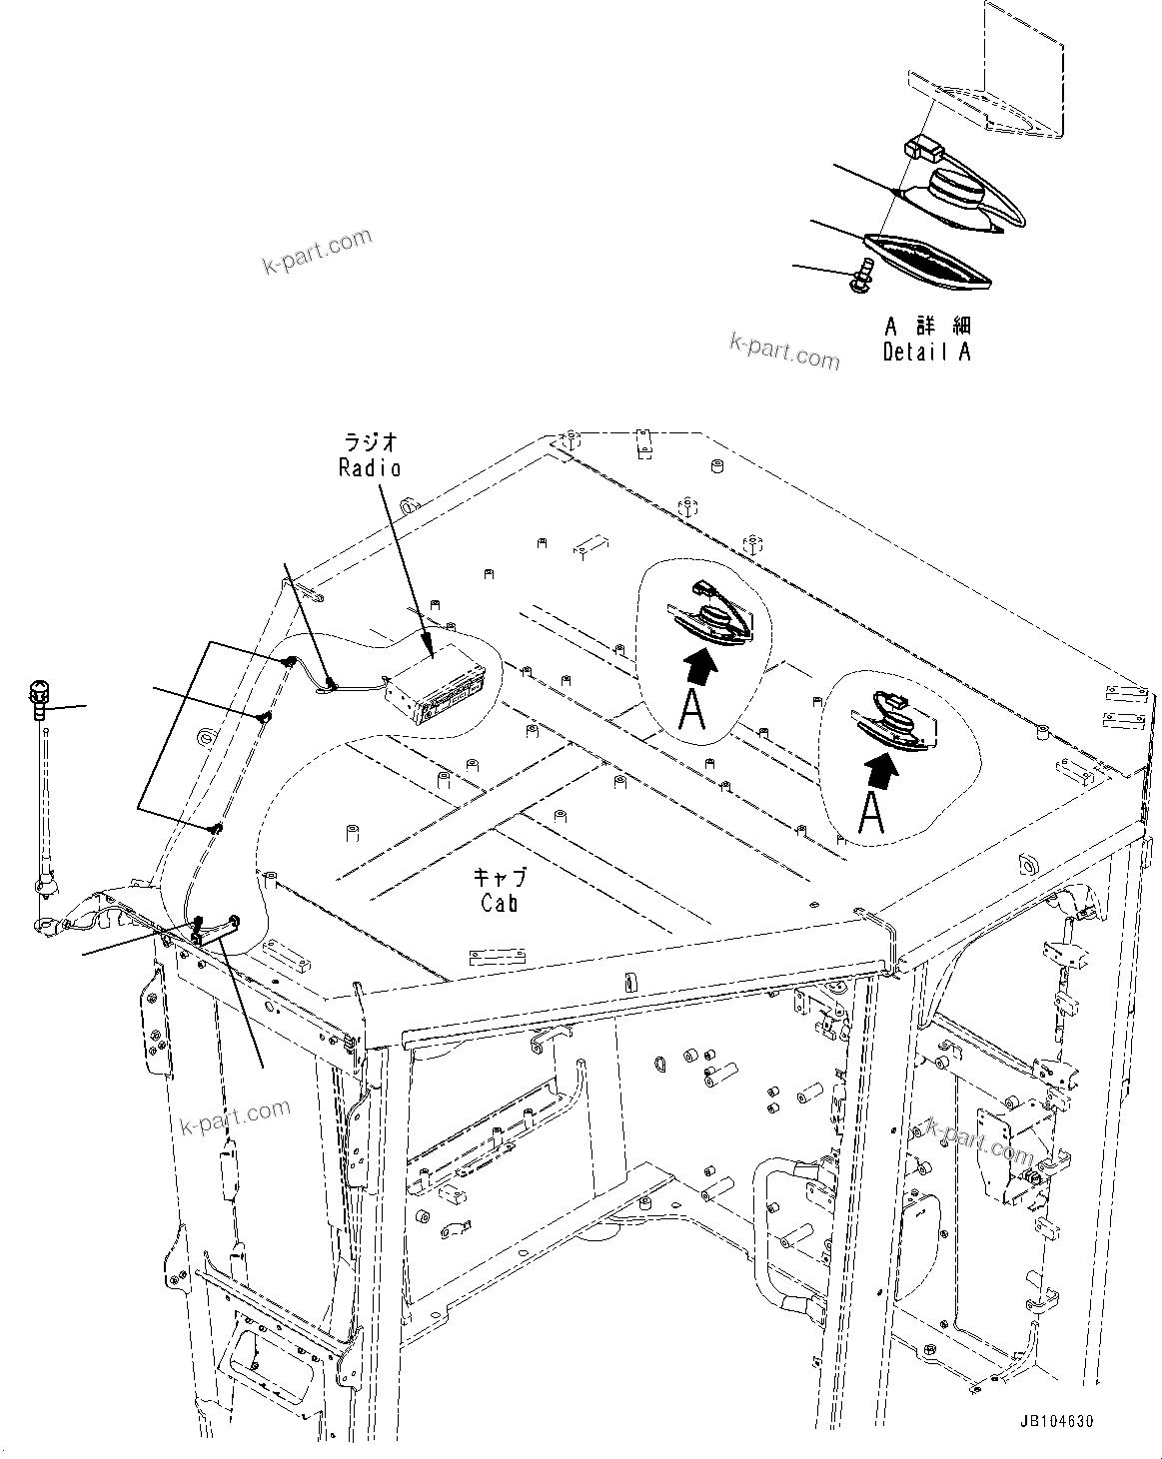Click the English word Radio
[369, 467]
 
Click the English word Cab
[498, 902]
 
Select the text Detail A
[926, 352]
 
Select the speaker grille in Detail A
[926, 258]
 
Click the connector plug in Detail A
[924, 151]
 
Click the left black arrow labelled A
[701, 664]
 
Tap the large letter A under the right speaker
[871, 813]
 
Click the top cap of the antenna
[39, 690]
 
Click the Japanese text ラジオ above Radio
[371, 441]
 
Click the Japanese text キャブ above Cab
[498, 877]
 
